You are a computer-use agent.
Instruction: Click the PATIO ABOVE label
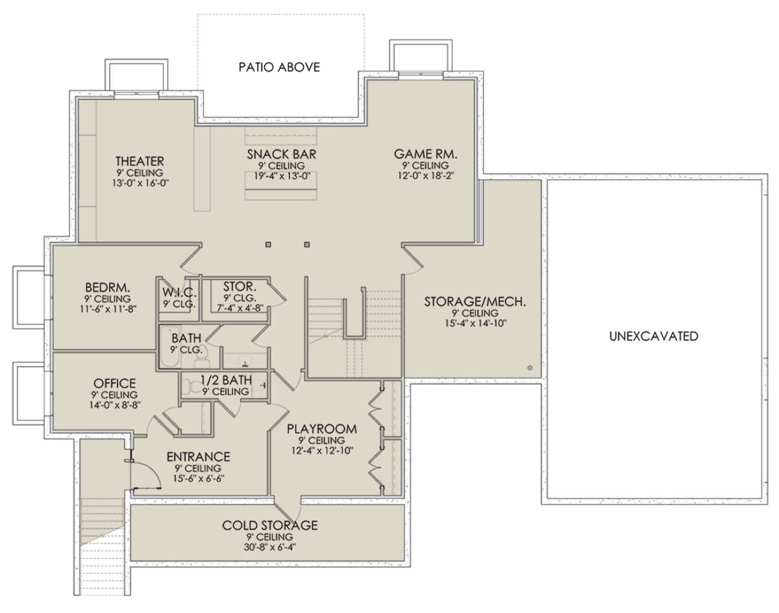pyautogui.click(x=279, y=68)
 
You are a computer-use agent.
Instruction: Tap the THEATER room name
pyautogui.click(x=140, y=161)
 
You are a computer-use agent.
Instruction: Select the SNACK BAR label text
pyautogui.click(x=282, y=155)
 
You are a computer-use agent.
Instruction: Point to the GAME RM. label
pyautogui.click(x=426, y=155)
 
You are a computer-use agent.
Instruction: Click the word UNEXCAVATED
pyautogui.click(x=654, y=336)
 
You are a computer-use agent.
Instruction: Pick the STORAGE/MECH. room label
pyautogui.click(x=475, y=301)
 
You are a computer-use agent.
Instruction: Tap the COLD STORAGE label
pyautogui.click(x=269, y=525)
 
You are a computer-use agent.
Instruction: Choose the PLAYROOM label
pyautogui.click(x=322, y=429)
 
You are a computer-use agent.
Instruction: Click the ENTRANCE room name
pyautogui.click(x=199, y=457)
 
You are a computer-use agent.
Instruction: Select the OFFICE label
pyautogui.click(x=114, y=383)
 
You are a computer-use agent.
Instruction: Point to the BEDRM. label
pyautogui.click(x=108, y=288)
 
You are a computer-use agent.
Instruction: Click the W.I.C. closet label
pyautogui.click(x=179, y=292)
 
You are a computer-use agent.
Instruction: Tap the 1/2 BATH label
pyautogui.click(x=227, y=380)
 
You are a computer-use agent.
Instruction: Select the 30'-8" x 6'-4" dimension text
pyautogui.click(x=269, y=547)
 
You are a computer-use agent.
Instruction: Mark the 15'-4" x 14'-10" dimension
pyautogui.click(x=475, y=323)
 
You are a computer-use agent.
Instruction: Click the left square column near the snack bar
pyautogui.click(x=268, y=245)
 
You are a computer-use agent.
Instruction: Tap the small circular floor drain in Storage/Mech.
pyautogui.click(x=530, y=368)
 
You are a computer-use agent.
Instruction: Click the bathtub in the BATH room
pyautogui.click(x=169, y=347)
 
